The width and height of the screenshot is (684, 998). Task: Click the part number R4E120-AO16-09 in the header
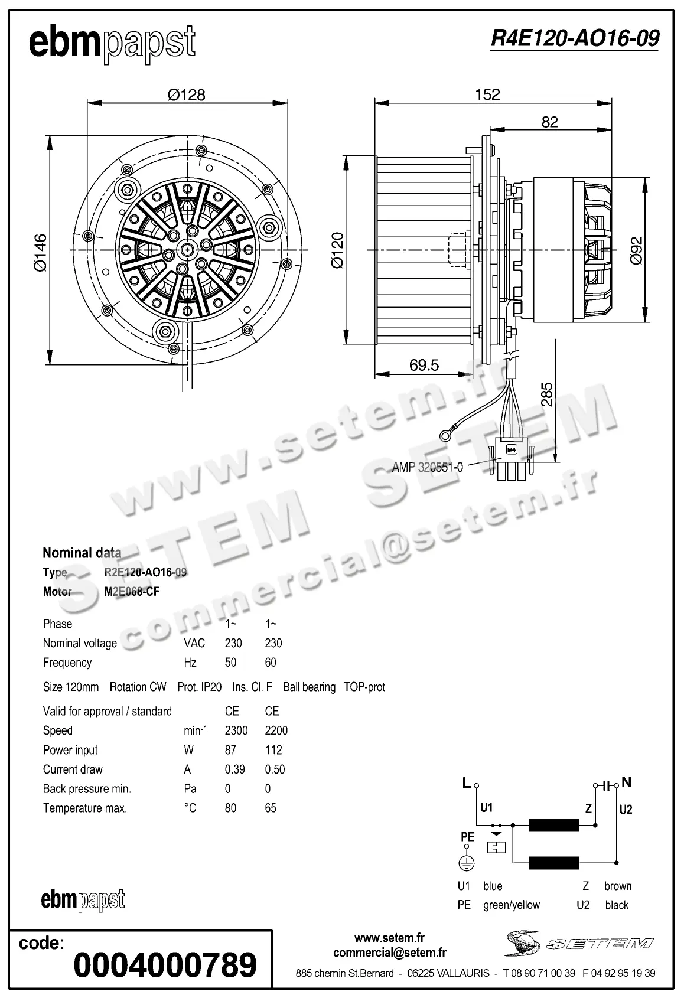[574, 38]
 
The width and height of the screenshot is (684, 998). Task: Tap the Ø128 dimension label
[186, 94]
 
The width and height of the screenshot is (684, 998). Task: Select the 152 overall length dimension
[487, 94]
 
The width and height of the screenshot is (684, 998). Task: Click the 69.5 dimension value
[424, 365]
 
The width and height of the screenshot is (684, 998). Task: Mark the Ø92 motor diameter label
[636, 250]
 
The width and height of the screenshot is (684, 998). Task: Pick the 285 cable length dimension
[547, 394]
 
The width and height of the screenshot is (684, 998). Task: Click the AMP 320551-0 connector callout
[427, 467]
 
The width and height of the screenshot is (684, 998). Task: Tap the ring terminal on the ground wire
[445, 436]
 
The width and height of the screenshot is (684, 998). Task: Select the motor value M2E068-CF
[132, 592]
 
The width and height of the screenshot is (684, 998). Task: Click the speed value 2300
[236, 730]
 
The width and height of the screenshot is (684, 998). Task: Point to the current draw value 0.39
[235, 769]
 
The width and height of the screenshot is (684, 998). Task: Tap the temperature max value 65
[271, 808]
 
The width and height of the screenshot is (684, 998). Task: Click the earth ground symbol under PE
[467, 863]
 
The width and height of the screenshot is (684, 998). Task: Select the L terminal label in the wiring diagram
[467, 783]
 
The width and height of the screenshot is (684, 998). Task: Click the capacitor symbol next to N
[606, 785]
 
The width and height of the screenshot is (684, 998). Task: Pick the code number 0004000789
[165, 965]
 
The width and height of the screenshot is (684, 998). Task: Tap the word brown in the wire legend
[618, 886]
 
